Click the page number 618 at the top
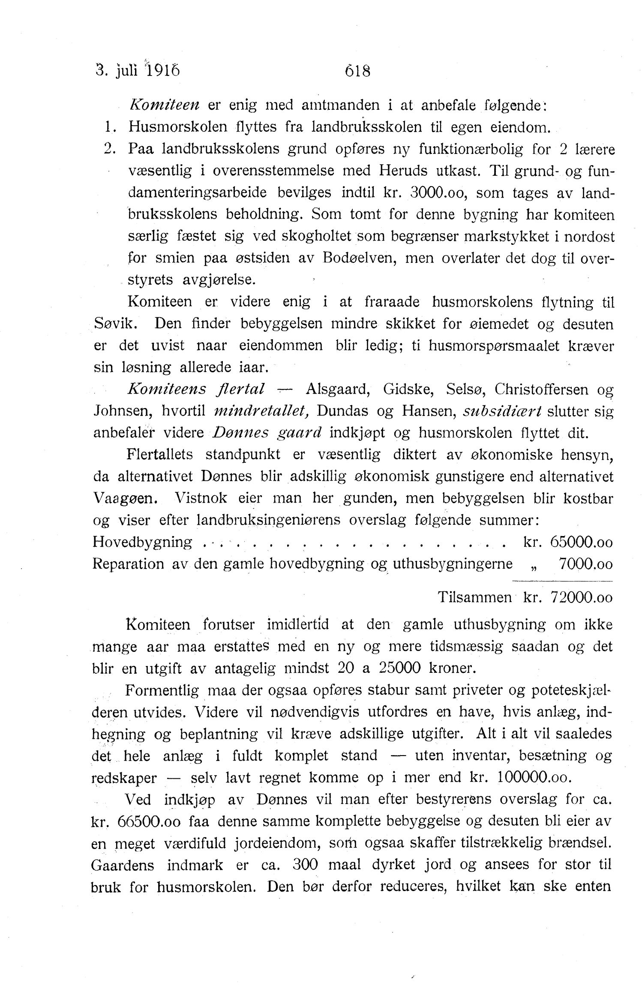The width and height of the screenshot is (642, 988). click(x=357, y=70)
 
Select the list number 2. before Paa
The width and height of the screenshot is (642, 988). click(x=111, y=149)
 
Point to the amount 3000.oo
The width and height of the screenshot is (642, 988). click(x=437, y=193)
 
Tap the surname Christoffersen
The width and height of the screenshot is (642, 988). click(x=541, y=389)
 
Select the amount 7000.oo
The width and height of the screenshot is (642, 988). click(x=585, y=564)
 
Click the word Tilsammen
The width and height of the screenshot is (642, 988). click(x=474, y=597)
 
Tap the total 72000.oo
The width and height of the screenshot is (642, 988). click(x=581, y=597)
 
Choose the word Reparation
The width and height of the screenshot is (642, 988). click(x=128, y=564)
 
